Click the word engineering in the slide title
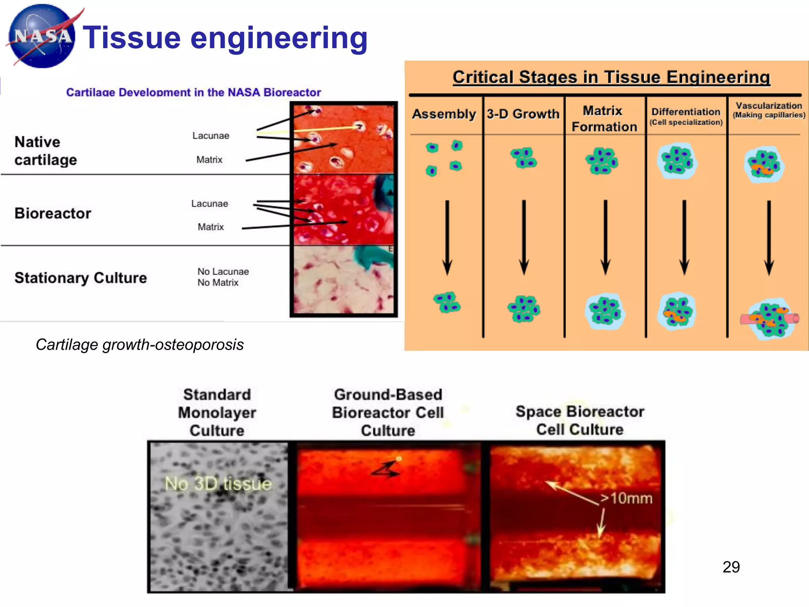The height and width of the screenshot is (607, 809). click(x=279, y=38)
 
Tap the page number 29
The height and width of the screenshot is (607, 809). click(x=731, y=567)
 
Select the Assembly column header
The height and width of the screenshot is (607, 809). click(x=444, y=114)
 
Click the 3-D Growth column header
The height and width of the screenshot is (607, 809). click(x=523, y=114)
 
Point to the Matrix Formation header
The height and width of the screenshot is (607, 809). click(x=604, y=119)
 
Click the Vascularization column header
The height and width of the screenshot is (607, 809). click(x=769, y=110)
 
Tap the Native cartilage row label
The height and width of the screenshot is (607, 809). click(x=45, y=151)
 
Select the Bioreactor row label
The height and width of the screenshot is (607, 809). click(x=53, y=213)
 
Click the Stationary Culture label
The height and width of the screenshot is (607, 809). click(x=81, y=278)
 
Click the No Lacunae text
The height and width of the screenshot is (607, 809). click(x=223, y=271)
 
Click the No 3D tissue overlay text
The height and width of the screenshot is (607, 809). click(x=218, y=484)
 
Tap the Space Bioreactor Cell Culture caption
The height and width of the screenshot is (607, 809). click(x=579, y=420)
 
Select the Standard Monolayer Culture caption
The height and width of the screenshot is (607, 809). click(x=217, y=412)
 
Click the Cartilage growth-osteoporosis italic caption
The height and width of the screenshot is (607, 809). click(x=139, y=345)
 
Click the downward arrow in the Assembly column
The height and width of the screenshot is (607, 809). click(x=447, y=237)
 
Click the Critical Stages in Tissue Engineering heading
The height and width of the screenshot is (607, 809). click(x=611, y=77)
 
